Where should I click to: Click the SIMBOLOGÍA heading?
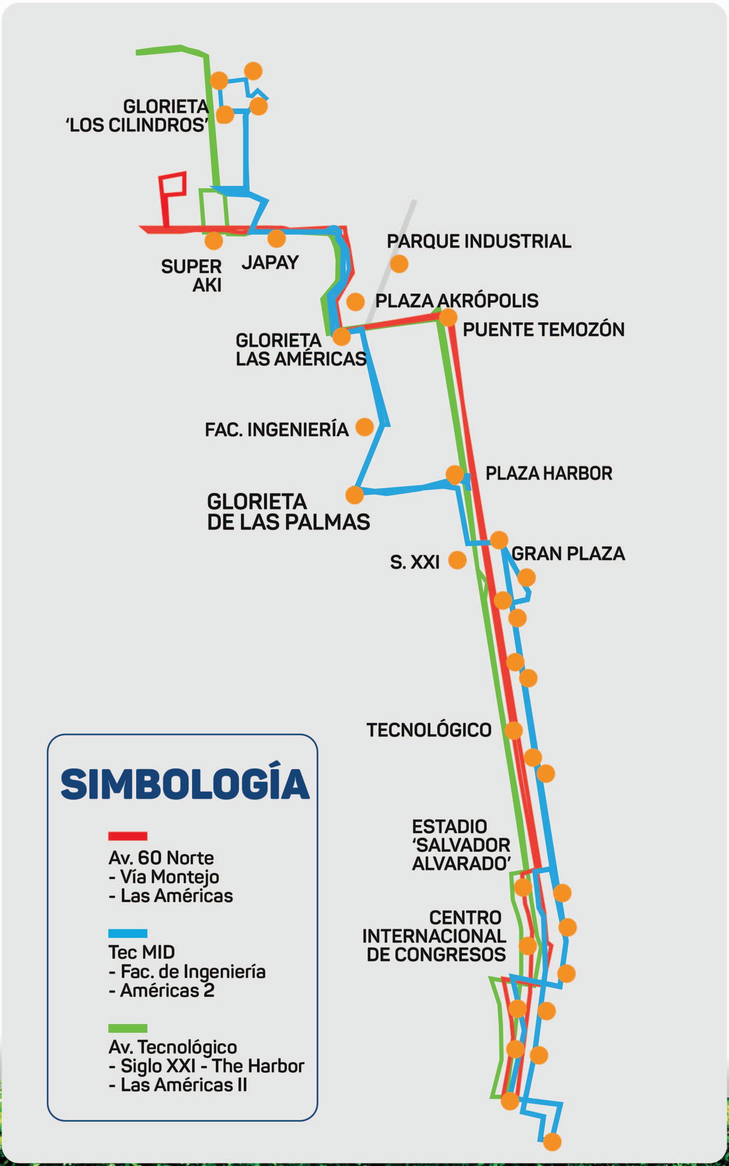click(185, 783)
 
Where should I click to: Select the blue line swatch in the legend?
click(128, 933)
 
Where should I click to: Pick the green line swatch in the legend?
click(128, 1029)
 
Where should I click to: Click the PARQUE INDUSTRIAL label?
click(479, 241)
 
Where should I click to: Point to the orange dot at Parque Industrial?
click(399, 264)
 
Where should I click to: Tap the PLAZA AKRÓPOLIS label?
click(457, 301)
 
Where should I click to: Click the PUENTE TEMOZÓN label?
click(544, 330)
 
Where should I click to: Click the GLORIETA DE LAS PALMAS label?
click(288, 512)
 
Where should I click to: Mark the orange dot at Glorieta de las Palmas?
click(355, 495)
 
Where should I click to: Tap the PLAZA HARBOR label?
click(549, 473)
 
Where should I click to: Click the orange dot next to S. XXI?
click(457, 560)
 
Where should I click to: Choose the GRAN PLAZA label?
click(568, 553)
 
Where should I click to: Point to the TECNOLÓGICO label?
click(429, 730)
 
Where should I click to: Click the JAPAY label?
click(270, 263)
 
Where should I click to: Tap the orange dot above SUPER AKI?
click(213, 240)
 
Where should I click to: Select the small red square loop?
click(173, 185)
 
